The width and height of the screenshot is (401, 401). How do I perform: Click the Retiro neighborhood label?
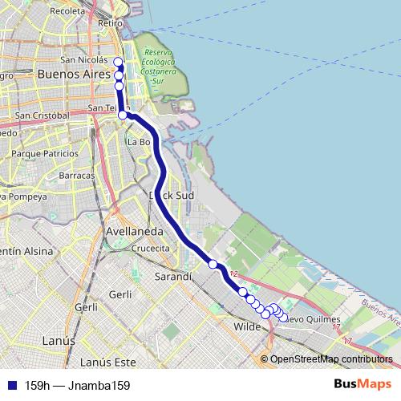pos(109,23)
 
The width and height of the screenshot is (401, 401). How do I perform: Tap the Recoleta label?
pos(67,11)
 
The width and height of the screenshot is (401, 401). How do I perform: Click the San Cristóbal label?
pos(43,115)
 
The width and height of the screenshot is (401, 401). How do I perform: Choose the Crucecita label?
pos(151,249)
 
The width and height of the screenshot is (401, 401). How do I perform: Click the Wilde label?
pos(248,327)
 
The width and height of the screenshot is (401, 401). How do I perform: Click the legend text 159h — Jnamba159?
pos(77,385)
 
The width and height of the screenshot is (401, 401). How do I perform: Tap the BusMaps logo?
pos(363,384)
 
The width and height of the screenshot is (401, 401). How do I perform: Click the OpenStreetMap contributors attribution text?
pos(330,358)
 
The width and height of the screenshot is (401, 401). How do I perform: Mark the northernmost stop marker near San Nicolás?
pos(118,62)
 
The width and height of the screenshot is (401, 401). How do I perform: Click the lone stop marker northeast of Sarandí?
pos(213,264)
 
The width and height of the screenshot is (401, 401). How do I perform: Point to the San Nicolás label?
pos(83,59)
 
